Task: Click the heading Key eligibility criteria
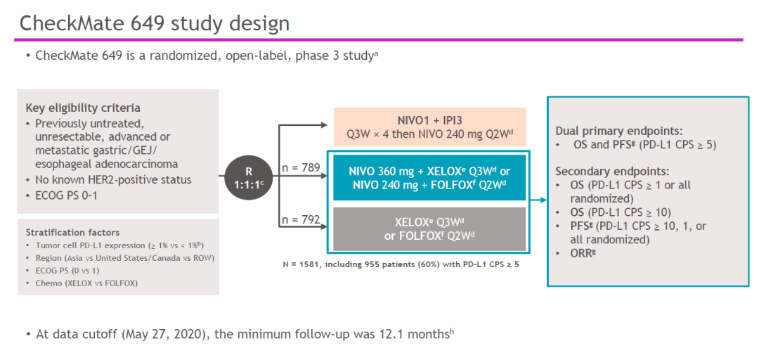pyautogui.click(x=83, y=108)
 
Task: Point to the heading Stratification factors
pyautogui.click(x=72, y=232)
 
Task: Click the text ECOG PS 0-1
pyautogui.click(x=66, y=195)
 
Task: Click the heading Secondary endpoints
pyautogui.click(x=611, y=171)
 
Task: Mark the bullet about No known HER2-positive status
pyautogui.click(x=112, y=179)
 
